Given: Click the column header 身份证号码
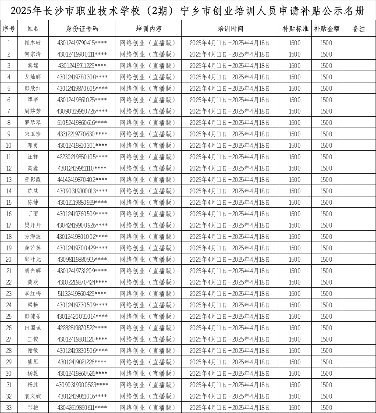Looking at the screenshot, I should (x=82, y=29).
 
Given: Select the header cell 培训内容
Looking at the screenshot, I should (x=149, y=29).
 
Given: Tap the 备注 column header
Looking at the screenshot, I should (x=359, y=29).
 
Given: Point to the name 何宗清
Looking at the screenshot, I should (x=33, y=54).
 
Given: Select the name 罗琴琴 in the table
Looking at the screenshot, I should (x=33, y=123).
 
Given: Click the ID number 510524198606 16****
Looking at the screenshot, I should (x=82, y=123).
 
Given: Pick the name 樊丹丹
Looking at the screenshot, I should (x=33, y=225).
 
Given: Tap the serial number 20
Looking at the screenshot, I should (x=9, y=260).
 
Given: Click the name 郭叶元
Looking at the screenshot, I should (x=33, y=260).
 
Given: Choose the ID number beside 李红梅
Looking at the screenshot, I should (x=82, y=294).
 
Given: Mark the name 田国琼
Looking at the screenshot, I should (x=33, y=328).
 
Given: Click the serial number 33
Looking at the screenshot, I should (x=9, y=408).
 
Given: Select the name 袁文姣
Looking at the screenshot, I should (x=33, y=396).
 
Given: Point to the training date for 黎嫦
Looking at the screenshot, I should (x=230, y=66).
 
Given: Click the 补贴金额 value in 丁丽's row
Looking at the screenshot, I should (x=326, y=214).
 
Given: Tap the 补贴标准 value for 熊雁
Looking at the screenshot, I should (x=294, y=362).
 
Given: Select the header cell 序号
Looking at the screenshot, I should (x=9, y=29).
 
